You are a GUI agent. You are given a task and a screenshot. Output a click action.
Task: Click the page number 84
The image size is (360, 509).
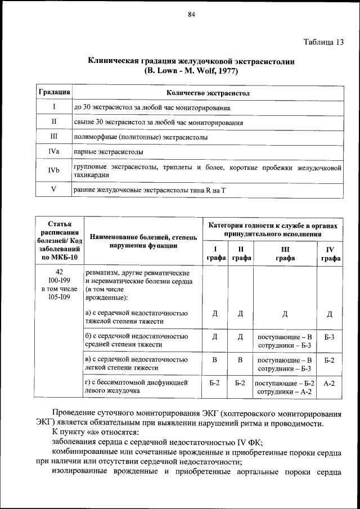click(191, 15)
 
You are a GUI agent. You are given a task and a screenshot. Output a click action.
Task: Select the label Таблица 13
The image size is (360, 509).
click(323, 42)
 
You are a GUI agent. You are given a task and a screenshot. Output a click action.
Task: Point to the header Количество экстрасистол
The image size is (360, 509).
click(208, 92)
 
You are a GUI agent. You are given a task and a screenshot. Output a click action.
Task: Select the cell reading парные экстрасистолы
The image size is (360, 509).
click(108, 152)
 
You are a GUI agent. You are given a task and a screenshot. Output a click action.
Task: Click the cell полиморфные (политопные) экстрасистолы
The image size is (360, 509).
click(141, 137)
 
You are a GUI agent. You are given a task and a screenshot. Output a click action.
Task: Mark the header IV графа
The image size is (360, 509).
click(330, 253)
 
